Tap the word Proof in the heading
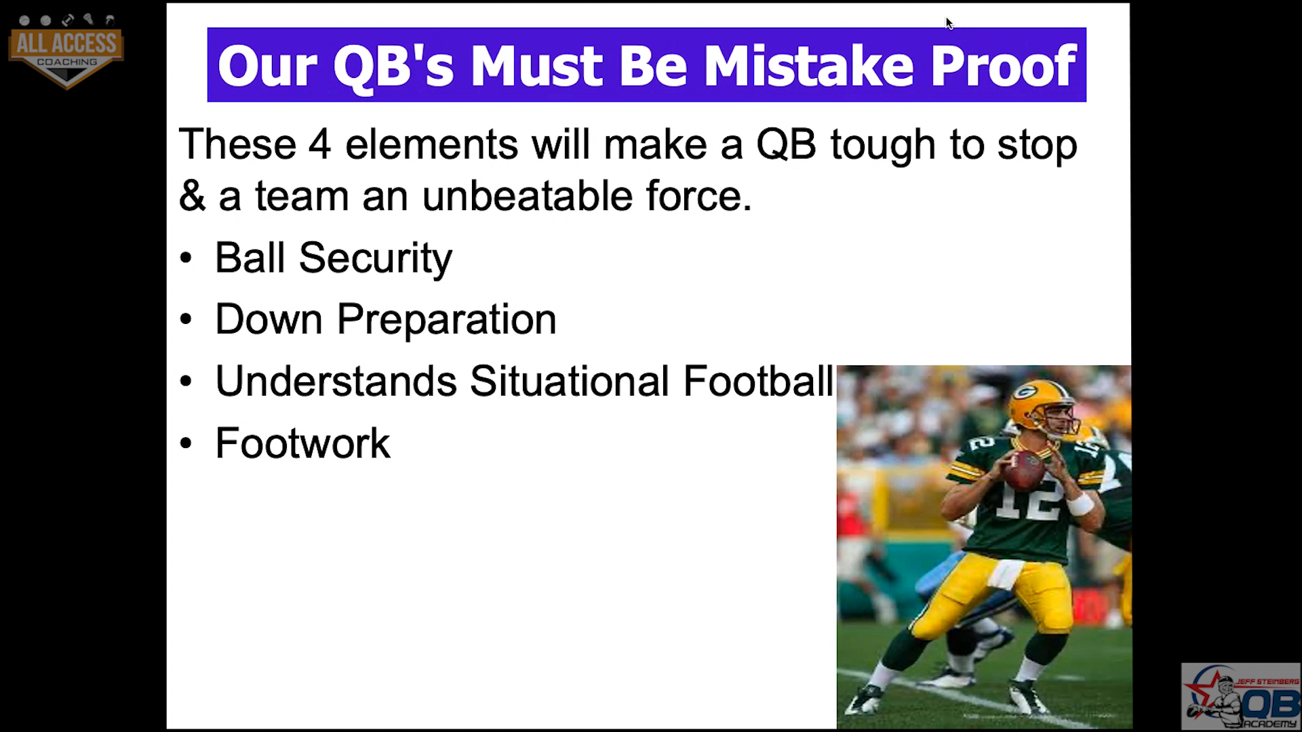click(x=1003, y=66)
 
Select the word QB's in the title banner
click(x=393, y=67)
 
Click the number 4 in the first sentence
click(x=319, y=144)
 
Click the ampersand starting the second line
click(x=192, y=196)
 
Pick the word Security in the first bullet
click(x=376, y=259)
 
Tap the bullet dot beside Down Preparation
click(x=186, y=319)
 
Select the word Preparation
click(x=446, y=320)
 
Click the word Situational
click(x=569, y=381)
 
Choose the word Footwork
click(x=302, y=443)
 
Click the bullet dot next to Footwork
click(x=186, y=443)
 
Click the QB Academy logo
click(x=1241, y=696)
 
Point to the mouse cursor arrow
click(x=949, y=24)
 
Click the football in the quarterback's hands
click(x=1024, y=470)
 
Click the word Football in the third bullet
click(x=758, y=381)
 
